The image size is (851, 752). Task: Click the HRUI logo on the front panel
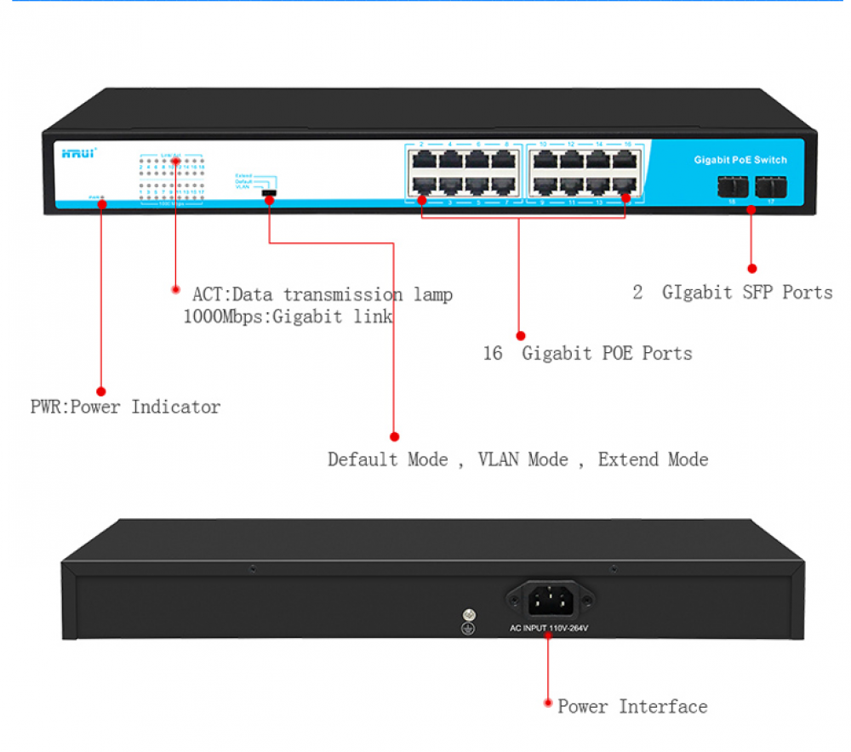pyautogui.click(x=79, y=153)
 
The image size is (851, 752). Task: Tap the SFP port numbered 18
pyautogui.click(x=732, y=185)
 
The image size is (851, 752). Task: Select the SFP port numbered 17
pyautogui.click(x=771, y=185)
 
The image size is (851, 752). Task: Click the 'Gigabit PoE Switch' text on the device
pyautogui.click(x=740, y=160)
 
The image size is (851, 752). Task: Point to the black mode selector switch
pyautogui.click(x=270, y=194)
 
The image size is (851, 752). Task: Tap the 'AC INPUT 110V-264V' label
pyautogui.click(x=549, y=629)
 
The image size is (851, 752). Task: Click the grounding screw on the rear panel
pyautogui.click(x=466, y=615)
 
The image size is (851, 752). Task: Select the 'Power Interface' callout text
pyautogui.click(x=632, y=706)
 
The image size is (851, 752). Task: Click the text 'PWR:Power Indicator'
pyautogui.click(x=125, y=407)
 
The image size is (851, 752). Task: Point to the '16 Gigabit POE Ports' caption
pyautogui.click(x=587, y=353)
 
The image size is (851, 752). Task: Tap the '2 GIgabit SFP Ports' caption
pyautogui.click(x=733, y=293)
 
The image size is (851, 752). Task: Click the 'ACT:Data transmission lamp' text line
pyautogui.click(x=322, y=294)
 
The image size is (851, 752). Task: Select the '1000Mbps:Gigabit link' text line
pyautogui.click(x=288, y=317)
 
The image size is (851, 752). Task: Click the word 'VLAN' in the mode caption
pyautogui.click(x=523, y=459)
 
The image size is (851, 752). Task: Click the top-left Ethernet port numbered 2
pyautogui.click(x=421, y=159)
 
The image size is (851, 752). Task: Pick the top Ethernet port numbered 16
pyautogui.click(x=627, y=159)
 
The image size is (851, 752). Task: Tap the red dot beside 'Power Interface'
pyautogui.click(x=547, y=704)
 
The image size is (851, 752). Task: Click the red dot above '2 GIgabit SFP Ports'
pyautogui.click(x=751, y=268)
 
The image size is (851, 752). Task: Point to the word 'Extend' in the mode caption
pyautogui.click(x=653, y=459)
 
